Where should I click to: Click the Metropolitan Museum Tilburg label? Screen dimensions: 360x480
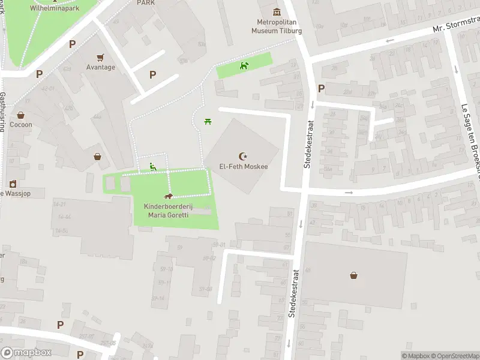[x=276, y=27]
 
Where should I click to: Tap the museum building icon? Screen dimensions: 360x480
[x=276, y=12]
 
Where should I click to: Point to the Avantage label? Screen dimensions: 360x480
[x=100, y=67]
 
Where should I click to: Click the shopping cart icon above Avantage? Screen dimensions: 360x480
[x=100, y=57]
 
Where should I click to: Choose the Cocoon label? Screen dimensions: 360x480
[x=21, y=125]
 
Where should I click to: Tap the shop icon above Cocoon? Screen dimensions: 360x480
[x=21, y=115]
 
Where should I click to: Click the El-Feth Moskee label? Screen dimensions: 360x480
[x=243, y=166]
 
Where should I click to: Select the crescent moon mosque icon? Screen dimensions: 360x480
[x=243, y=155]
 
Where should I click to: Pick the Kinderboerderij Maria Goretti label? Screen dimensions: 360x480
[x=169, y=211]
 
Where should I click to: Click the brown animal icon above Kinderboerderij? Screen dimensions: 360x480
[x=169, y=197]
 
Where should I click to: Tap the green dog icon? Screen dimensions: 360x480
[x=244, y=65]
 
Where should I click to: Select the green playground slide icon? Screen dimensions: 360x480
[x=153, y=167]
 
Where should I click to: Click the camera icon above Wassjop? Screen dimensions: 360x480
[x=12, y=184]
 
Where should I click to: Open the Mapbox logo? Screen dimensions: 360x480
[x=26, y=353]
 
